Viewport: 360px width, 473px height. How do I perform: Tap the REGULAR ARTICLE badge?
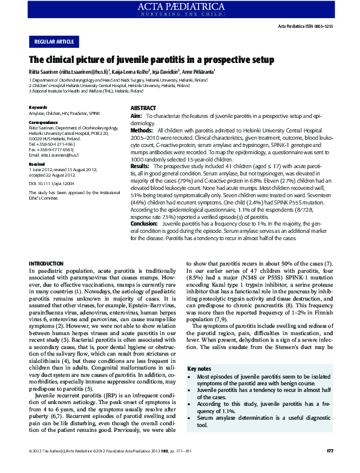54,41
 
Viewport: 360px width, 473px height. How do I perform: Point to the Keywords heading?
38,108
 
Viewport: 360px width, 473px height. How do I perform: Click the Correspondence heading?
44,122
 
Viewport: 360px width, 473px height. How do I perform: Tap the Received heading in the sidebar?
37,164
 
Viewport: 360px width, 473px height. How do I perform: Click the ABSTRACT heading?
144,108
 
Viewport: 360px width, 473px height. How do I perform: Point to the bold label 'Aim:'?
136,115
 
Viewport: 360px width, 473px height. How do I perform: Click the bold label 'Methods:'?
142,131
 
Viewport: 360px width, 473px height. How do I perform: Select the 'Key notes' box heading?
200,368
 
